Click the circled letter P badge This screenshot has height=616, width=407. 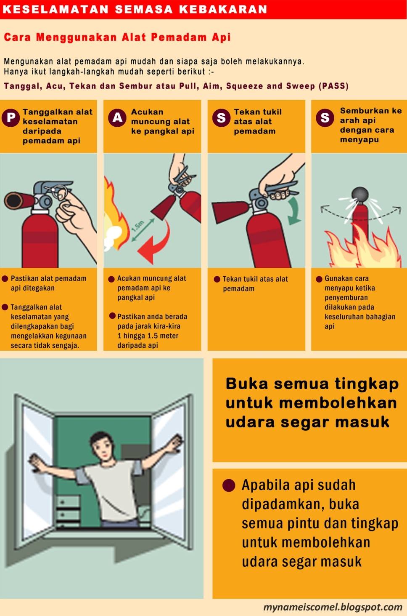click(11, 118)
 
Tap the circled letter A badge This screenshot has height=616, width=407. click(117, 118)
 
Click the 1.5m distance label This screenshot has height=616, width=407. click(138, 226)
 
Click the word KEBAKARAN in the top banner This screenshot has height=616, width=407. click(223, 9)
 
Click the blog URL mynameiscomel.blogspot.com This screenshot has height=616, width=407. click(333, 607)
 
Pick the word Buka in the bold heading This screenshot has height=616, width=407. click(246, 384)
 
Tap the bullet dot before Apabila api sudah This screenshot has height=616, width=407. click(228, 485)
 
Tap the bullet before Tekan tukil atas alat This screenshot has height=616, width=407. click(217, 279)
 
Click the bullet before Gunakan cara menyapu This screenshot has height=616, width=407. click(319, 279)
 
